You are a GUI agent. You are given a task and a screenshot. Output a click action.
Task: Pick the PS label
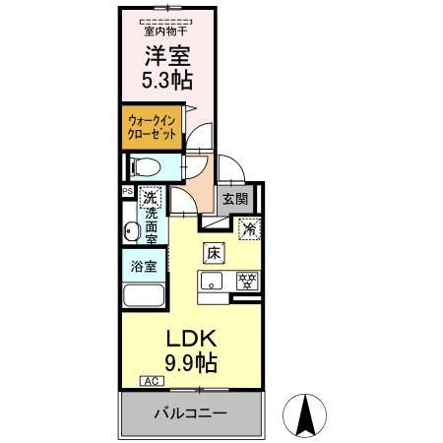[x=127, y=192]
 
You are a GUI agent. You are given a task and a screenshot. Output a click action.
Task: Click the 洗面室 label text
[x=152, y=225]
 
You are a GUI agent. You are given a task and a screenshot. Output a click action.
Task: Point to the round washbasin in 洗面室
[x=132, y=232]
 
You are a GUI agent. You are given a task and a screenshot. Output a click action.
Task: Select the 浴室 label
[x=142, y=266]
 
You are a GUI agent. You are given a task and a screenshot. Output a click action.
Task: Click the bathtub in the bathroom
[x=142, y=296]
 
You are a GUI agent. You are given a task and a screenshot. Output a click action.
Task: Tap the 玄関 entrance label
[x=235, y=199]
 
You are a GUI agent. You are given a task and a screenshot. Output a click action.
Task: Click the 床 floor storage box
[x=214, y=252]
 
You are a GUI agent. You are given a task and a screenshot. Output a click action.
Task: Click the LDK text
[x=190, y=337]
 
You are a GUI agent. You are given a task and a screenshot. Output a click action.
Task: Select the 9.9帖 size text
[x=190, y=361]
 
